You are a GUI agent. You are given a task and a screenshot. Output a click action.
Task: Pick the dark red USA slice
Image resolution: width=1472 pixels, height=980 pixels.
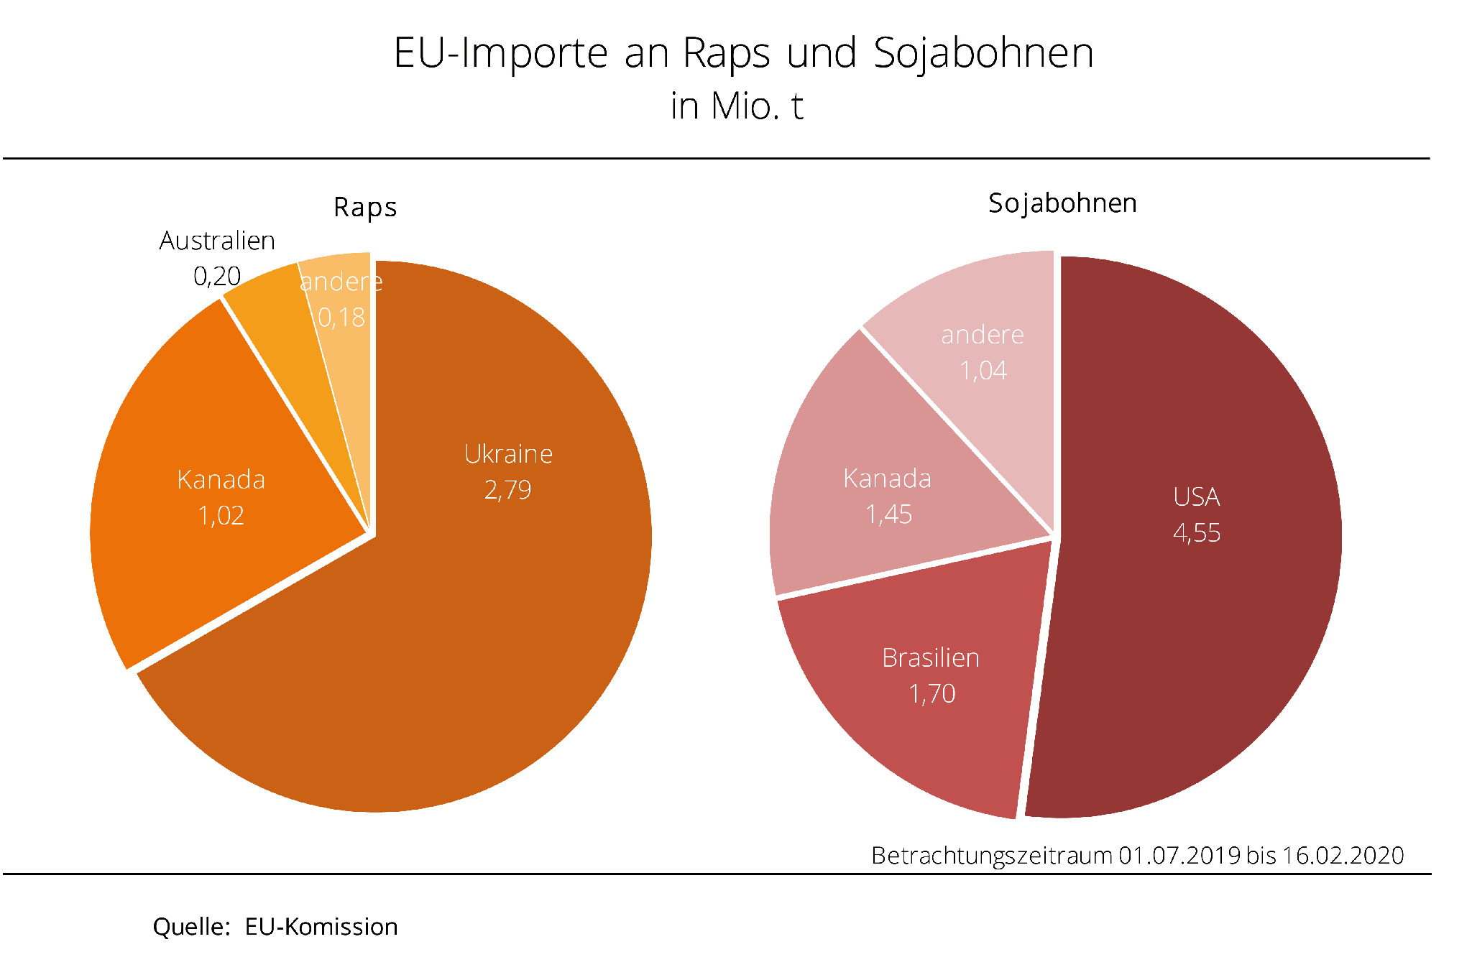tap(1207, 611)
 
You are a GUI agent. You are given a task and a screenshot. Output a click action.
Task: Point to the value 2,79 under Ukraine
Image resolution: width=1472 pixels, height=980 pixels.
tap(507, 490)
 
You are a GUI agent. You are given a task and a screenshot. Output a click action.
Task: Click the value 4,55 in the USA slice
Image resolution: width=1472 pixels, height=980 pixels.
tap(1197, 533)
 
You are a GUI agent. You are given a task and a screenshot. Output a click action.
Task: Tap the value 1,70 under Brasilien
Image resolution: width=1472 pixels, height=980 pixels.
tap(932, 694)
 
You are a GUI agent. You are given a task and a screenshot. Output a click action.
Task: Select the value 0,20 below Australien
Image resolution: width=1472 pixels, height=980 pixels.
tap(217, 276)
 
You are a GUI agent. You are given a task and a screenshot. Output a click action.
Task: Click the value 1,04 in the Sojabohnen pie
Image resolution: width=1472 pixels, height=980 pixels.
tap(983, 371)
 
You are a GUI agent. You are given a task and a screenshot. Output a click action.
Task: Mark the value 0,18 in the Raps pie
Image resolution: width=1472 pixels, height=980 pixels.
tap(341, 318)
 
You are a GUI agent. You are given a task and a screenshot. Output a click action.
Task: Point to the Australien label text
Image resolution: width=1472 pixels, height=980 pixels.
tap(217, 241)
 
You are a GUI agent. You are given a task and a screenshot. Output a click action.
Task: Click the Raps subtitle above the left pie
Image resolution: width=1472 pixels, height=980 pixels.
tap(365, 208)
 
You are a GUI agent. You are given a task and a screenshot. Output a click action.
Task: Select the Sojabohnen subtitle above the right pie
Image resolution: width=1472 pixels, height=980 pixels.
tap(1062, 203)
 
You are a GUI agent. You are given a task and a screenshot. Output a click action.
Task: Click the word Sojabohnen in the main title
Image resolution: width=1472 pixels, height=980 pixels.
tap(983, 53)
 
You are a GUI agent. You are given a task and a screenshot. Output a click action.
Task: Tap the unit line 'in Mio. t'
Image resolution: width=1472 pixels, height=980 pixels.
tap(737, 106)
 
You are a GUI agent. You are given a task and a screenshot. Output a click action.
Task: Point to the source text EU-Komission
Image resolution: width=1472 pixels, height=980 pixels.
tap(321, 927)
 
